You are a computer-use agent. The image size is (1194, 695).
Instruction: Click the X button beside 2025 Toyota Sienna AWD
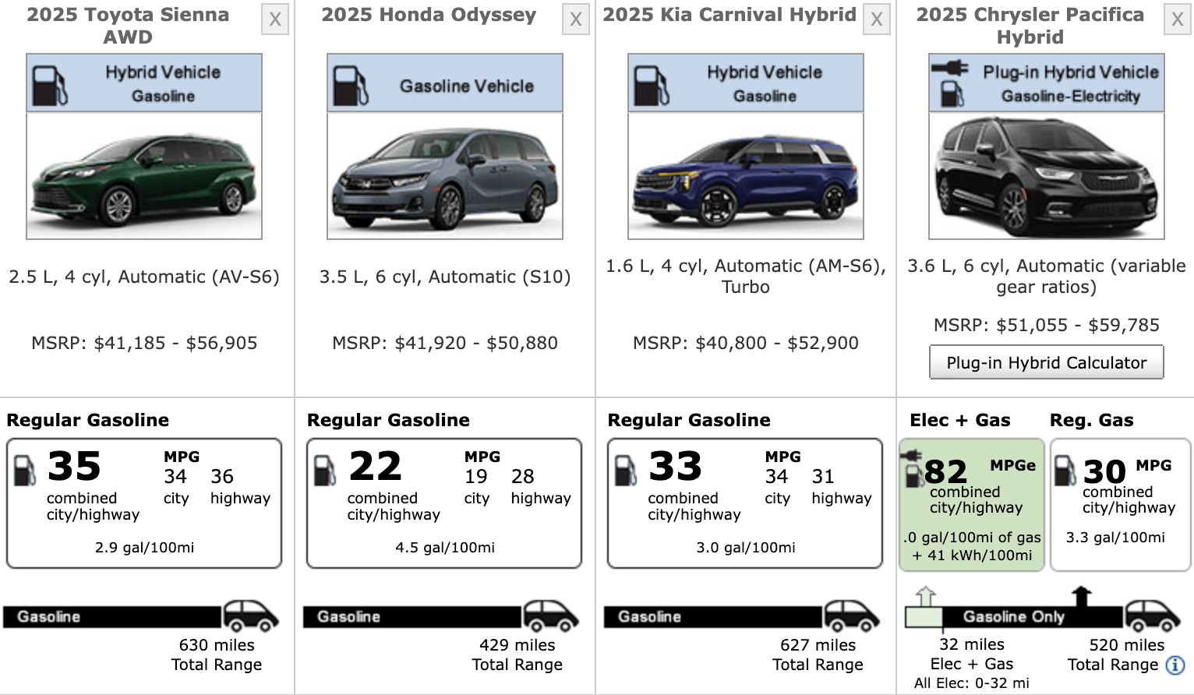(x=275, y=19)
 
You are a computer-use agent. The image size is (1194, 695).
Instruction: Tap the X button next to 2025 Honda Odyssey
(x=576, y=19)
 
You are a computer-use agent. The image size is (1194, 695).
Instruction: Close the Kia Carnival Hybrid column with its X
(x=877, y=19)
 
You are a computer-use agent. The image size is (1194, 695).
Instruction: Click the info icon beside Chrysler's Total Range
(x=1175, y=665)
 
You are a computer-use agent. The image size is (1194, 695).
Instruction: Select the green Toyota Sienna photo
(x=144, y=176)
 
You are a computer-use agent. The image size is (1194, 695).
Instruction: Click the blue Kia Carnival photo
(x=746, y=176)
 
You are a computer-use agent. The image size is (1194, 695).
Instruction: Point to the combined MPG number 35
(x=74, y=467)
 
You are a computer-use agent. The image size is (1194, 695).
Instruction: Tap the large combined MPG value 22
(x=375, y=467)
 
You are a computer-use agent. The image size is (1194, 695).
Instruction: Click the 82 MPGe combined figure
(x=945, y=471)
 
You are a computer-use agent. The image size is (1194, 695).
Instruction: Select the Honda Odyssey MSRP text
(x=445, y=343)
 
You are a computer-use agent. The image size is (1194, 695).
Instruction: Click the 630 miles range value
(x=217, y=645)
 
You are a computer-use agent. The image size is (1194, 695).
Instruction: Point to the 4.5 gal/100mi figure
(x=445, y=548)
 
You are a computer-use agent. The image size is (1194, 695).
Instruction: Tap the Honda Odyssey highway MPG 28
(x=523, y=477)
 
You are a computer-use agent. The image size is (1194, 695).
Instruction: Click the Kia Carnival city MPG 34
(x=776, y=477)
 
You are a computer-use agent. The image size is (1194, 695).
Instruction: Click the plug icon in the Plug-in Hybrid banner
(x=950, y=69)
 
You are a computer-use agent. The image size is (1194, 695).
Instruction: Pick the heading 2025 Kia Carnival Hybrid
(x=729, y=15)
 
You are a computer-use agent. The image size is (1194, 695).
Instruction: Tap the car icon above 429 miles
(x=551, y=616)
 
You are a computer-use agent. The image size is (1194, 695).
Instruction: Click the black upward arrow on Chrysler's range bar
(x=1081, y=596)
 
